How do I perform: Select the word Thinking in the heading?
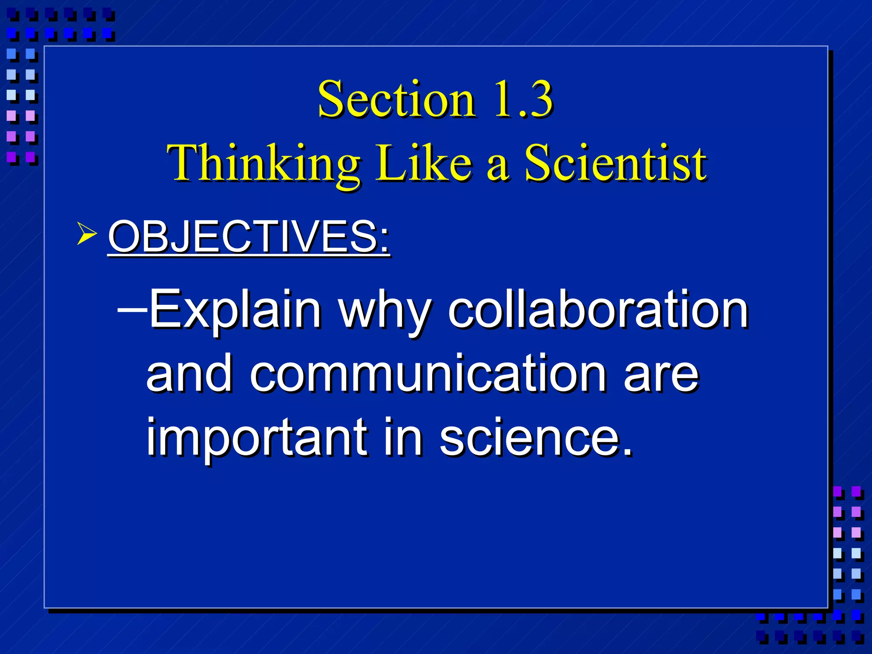pyautogui.click(x=264, y=164)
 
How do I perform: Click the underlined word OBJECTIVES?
pyautogui.click(x=243, y=237)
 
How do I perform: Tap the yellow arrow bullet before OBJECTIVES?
pyautogui.click(x=86, y=234)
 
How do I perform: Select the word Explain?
pyautogui.click(x=235, y=310)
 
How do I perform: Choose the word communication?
pyautogui.click(x=428, y=374)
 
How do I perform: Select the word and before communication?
pyautogui.click(x=189, y=373)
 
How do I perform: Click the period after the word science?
pyautogui.click(x=627, y=453)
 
